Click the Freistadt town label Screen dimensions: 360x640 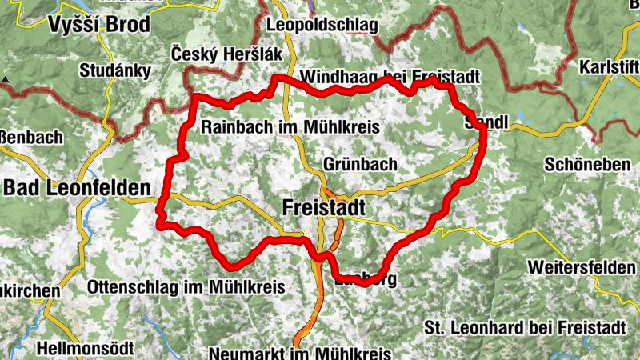tap(323, 208)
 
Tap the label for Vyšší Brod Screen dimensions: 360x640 tap(98, 24)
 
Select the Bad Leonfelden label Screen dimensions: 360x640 tap(77, 189)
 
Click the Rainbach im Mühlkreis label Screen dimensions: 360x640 tap(290, 127)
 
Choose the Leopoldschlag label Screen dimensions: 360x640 tap(324, 26)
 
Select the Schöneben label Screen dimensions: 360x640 tap(586, 164)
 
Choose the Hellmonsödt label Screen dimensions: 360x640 tap(85, 349)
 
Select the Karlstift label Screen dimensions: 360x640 tap(610, 65)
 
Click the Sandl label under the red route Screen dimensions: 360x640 tap(486, 125)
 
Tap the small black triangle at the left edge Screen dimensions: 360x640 tap(5, 79)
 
